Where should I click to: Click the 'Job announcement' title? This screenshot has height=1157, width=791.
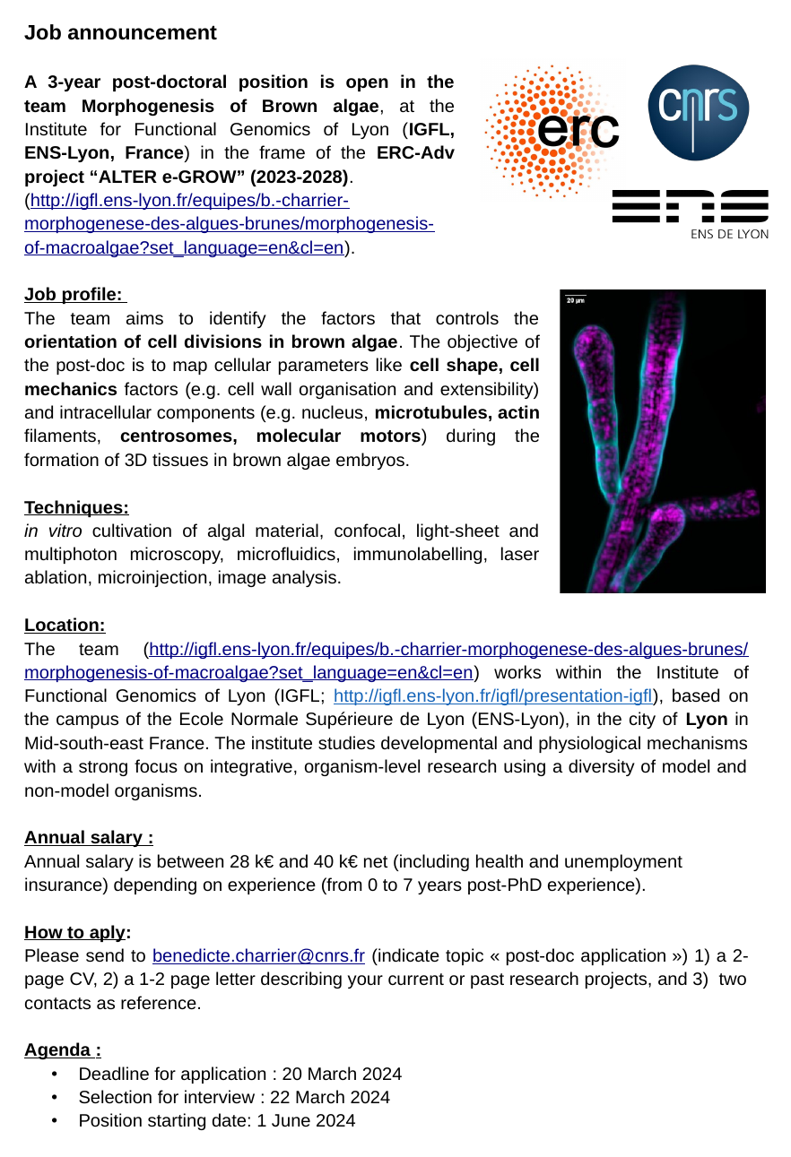[120, 33]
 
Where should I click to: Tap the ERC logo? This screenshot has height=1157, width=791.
[553, 131]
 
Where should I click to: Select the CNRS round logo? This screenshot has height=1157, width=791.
[698, 112]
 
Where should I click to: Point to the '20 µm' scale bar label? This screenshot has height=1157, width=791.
[576, 301]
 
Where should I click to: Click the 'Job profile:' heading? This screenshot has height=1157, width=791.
[74, 295]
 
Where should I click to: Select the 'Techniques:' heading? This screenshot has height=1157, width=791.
[76, 508]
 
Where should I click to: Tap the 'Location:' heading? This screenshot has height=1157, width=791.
[65, 625]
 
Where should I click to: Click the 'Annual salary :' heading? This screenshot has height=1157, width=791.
[89, 838]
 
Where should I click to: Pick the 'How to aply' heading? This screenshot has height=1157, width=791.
[74, 932]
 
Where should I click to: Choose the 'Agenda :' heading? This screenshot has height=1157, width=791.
[63, 1049]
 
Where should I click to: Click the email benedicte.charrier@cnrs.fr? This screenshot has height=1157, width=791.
[258, 955]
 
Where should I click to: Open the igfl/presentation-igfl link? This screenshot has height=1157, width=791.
[492, 696]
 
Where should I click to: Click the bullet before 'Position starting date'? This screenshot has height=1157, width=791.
[56, 1120]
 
